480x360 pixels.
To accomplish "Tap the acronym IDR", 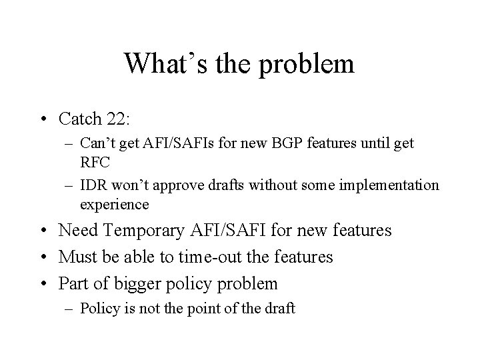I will coord(93,185).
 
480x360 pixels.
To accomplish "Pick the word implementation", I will coord(396,185).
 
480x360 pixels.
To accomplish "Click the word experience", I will coord(114,203).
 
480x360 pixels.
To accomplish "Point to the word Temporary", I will coord(144,231).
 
